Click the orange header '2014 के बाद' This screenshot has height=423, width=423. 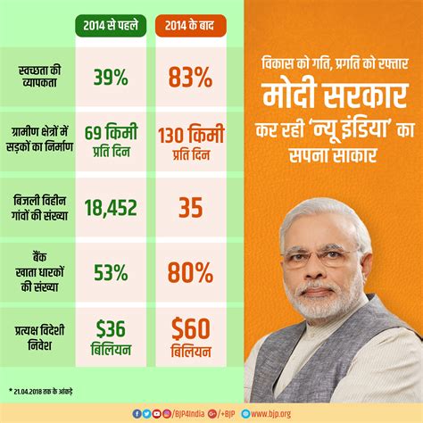pos(195,25)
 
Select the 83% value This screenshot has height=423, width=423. pos(195,79)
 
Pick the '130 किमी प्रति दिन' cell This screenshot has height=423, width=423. pos(195,143)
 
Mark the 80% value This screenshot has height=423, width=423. pos(195,270)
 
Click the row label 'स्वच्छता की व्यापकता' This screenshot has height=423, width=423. pos(39,76)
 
